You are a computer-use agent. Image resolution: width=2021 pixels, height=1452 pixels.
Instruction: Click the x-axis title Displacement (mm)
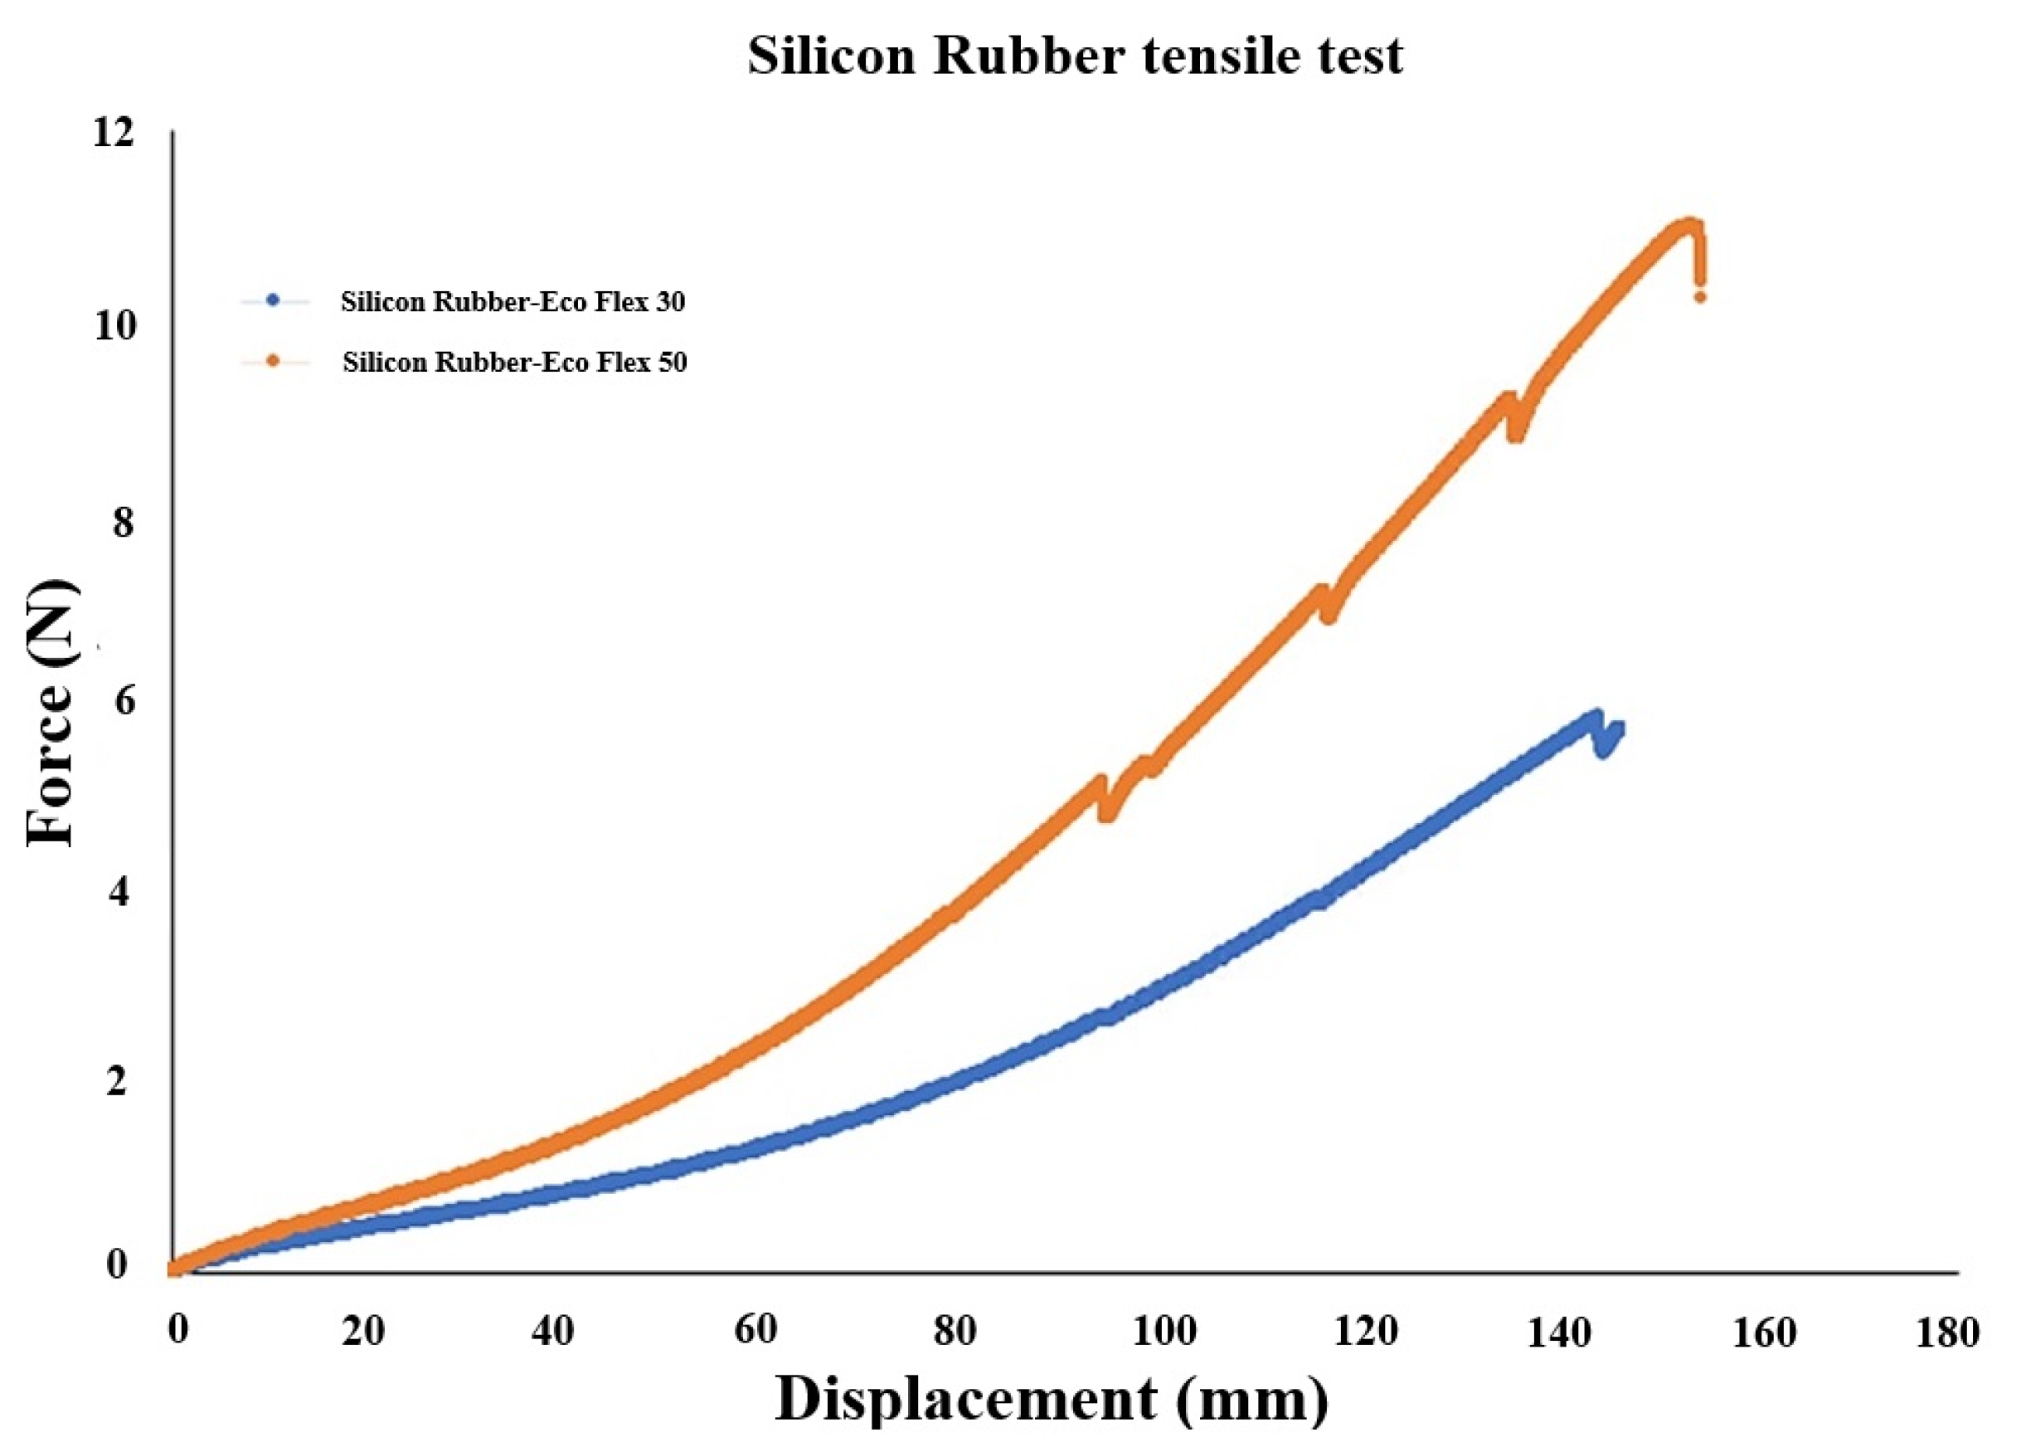(x=1051, y=1396)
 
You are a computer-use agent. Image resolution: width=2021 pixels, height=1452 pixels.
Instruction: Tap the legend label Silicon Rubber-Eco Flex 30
(x=513, y=302)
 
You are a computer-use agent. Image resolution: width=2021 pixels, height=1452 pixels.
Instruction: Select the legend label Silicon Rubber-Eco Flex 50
(x=514, y=363)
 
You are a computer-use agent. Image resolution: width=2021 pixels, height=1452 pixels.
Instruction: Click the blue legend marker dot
(x=274, y=302)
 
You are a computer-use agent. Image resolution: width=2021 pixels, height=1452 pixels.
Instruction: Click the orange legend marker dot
(x=274, y=362)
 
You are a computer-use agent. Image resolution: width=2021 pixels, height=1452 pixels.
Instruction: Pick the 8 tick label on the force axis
(x=123, y=521)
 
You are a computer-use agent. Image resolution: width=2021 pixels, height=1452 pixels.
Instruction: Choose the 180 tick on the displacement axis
(x=1950, y=1333)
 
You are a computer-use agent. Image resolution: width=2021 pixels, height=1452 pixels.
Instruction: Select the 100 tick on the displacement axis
(x=1164, y=1332)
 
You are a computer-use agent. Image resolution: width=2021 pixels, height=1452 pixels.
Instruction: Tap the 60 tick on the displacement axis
(x=755, y=1330)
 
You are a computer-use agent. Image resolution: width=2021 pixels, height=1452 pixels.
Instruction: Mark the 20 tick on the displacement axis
(x=362, y=1332)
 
